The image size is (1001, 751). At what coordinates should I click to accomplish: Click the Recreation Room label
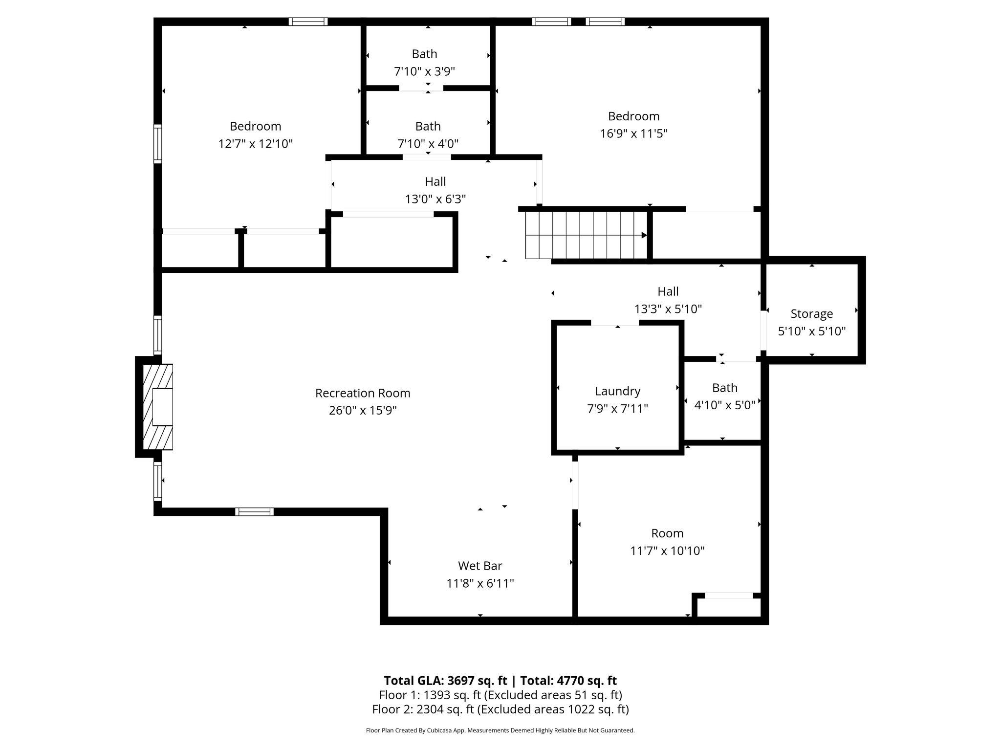click(x=363, y=393)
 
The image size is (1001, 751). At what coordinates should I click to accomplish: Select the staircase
click(x=586, y=235)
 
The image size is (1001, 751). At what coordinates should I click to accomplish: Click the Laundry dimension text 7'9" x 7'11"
click(x=617, y=409)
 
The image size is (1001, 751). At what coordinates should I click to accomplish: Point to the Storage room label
click(x=811, y=314)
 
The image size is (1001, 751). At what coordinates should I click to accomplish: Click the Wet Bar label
click(x=479, y=566)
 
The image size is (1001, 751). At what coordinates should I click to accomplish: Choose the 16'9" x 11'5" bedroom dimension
click(x=633, y=134)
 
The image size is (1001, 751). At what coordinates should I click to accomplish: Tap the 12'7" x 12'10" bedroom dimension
click(x=255, y=144)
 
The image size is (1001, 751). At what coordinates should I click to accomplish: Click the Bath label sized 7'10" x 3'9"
click(x=424, y=54)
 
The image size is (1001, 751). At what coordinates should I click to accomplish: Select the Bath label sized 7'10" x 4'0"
click(x=428, y=126)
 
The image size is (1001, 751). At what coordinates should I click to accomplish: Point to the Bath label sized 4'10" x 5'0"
click(x=724, y=388)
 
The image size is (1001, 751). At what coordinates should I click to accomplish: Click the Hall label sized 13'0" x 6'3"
click(x=435, y=181)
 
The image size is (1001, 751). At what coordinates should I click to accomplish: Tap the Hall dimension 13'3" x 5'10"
click(x=668, y=309)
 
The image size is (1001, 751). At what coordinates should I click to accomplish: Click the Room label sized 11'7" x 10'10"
click(x=667, y=533)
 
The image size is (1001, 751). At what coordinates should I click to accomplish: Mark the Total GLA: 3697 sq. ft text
click(x=446, y=681)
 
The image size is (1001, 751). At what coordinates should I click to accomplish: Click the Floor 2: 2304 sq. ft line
click(x=500, y=709)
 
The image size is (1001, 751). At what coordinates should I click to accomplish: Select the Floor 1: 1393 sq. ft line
click(x=500, y=695)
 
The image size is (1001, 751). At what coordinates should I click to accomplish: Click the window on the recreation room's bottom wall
click(x=254, y=512)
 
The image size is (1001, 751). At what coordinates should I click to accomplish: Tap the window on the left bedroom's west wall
click(x=157, y=144)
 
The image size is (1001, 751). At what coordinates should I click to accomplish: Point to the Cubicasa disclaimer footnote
click(x=500, y=730)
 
